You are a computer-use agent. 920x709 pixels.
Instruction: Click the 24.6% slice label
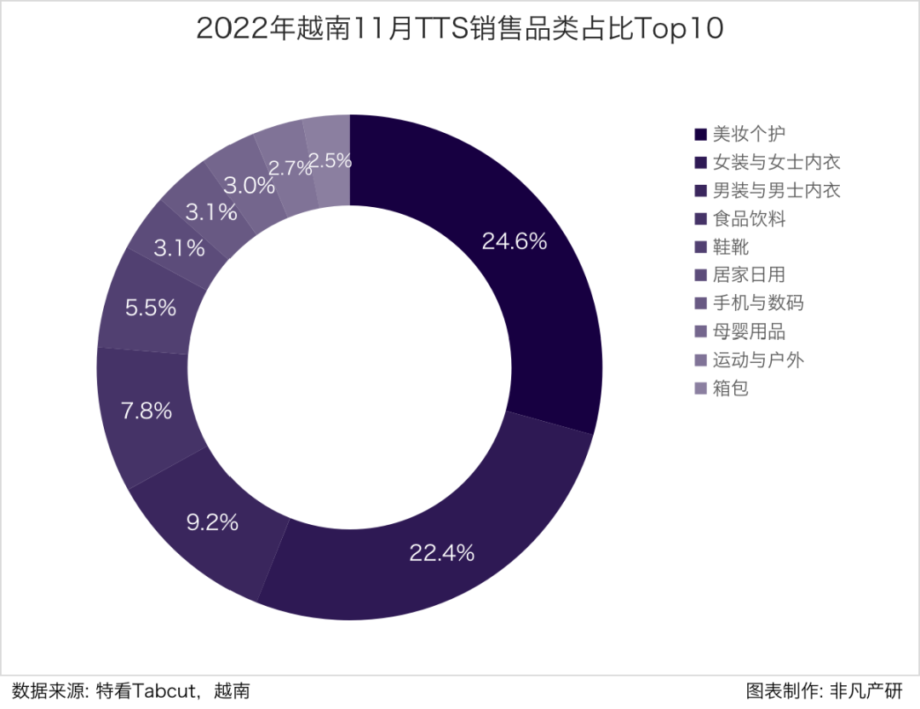[514, 241]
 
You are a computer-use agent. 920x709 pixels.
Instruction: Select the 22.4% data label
[441, 553]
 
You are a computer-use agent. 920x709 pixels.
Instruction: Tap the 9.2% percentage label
[212, 522]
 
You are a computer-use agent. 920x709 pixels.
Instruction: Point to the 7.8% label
[147, 412]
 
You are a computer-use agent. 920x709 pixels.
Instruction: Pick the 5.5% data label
[151, 308]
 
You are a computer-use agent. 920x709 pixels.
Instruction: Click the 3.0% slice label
[250, 186]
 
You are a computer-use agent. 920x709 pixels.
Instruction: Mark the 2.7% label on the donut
[290, 168]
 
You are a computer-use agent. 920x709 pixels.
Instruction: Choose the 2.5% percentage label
[331, 160]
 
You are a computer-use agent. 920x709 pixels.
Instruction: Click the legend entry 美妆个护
[749, 134]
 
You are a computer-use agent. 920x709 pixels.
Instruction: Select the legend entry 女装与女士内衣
[776, 162]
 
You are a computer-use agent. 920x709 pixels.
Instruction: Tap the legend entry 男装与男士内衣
[776, 190]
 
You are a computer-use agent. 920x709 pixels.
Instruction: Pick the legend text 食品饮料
[749, 219]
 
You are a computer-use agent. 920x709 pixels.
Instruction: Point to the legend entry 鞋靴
[731, 247]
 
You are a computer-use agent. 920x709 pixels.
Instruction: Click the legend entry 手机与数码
[757, 303]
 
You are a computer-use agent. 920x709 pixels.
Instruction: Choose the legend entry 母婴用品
[749, 331]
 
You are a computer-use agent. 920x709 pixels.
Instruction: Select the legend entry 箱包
[731, 389]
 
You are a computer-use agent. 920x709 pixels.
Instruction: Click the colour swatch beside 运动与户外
[700, 360]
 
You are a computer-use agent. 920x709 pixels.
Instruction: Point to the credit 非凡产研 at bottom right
[871, 690]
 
